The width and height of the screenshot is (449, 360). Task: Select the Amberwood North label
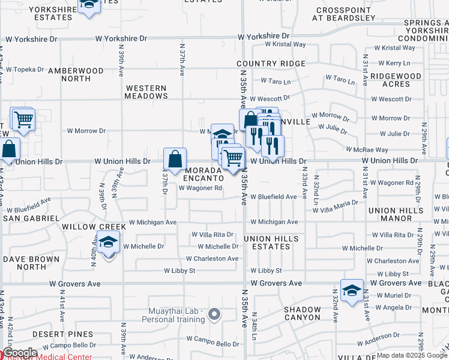click(x=76, y=74)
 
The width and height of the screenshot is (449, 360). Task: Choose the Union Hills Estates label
click(x=271, y=243)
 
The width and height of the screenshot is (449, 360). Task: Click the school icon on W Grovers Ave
click(x=352, y=291)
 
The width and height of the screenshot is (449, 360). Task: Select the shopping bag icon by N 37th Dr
click(x=175, y=160)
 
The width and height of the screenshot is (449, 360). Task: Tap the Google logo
click(x=20, y=353)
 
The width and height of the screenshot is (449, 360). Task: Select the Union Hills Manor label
click(x=399, y=215)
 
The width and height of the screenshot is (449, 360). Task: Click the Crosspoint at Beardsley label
click(x=345, y=14)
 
